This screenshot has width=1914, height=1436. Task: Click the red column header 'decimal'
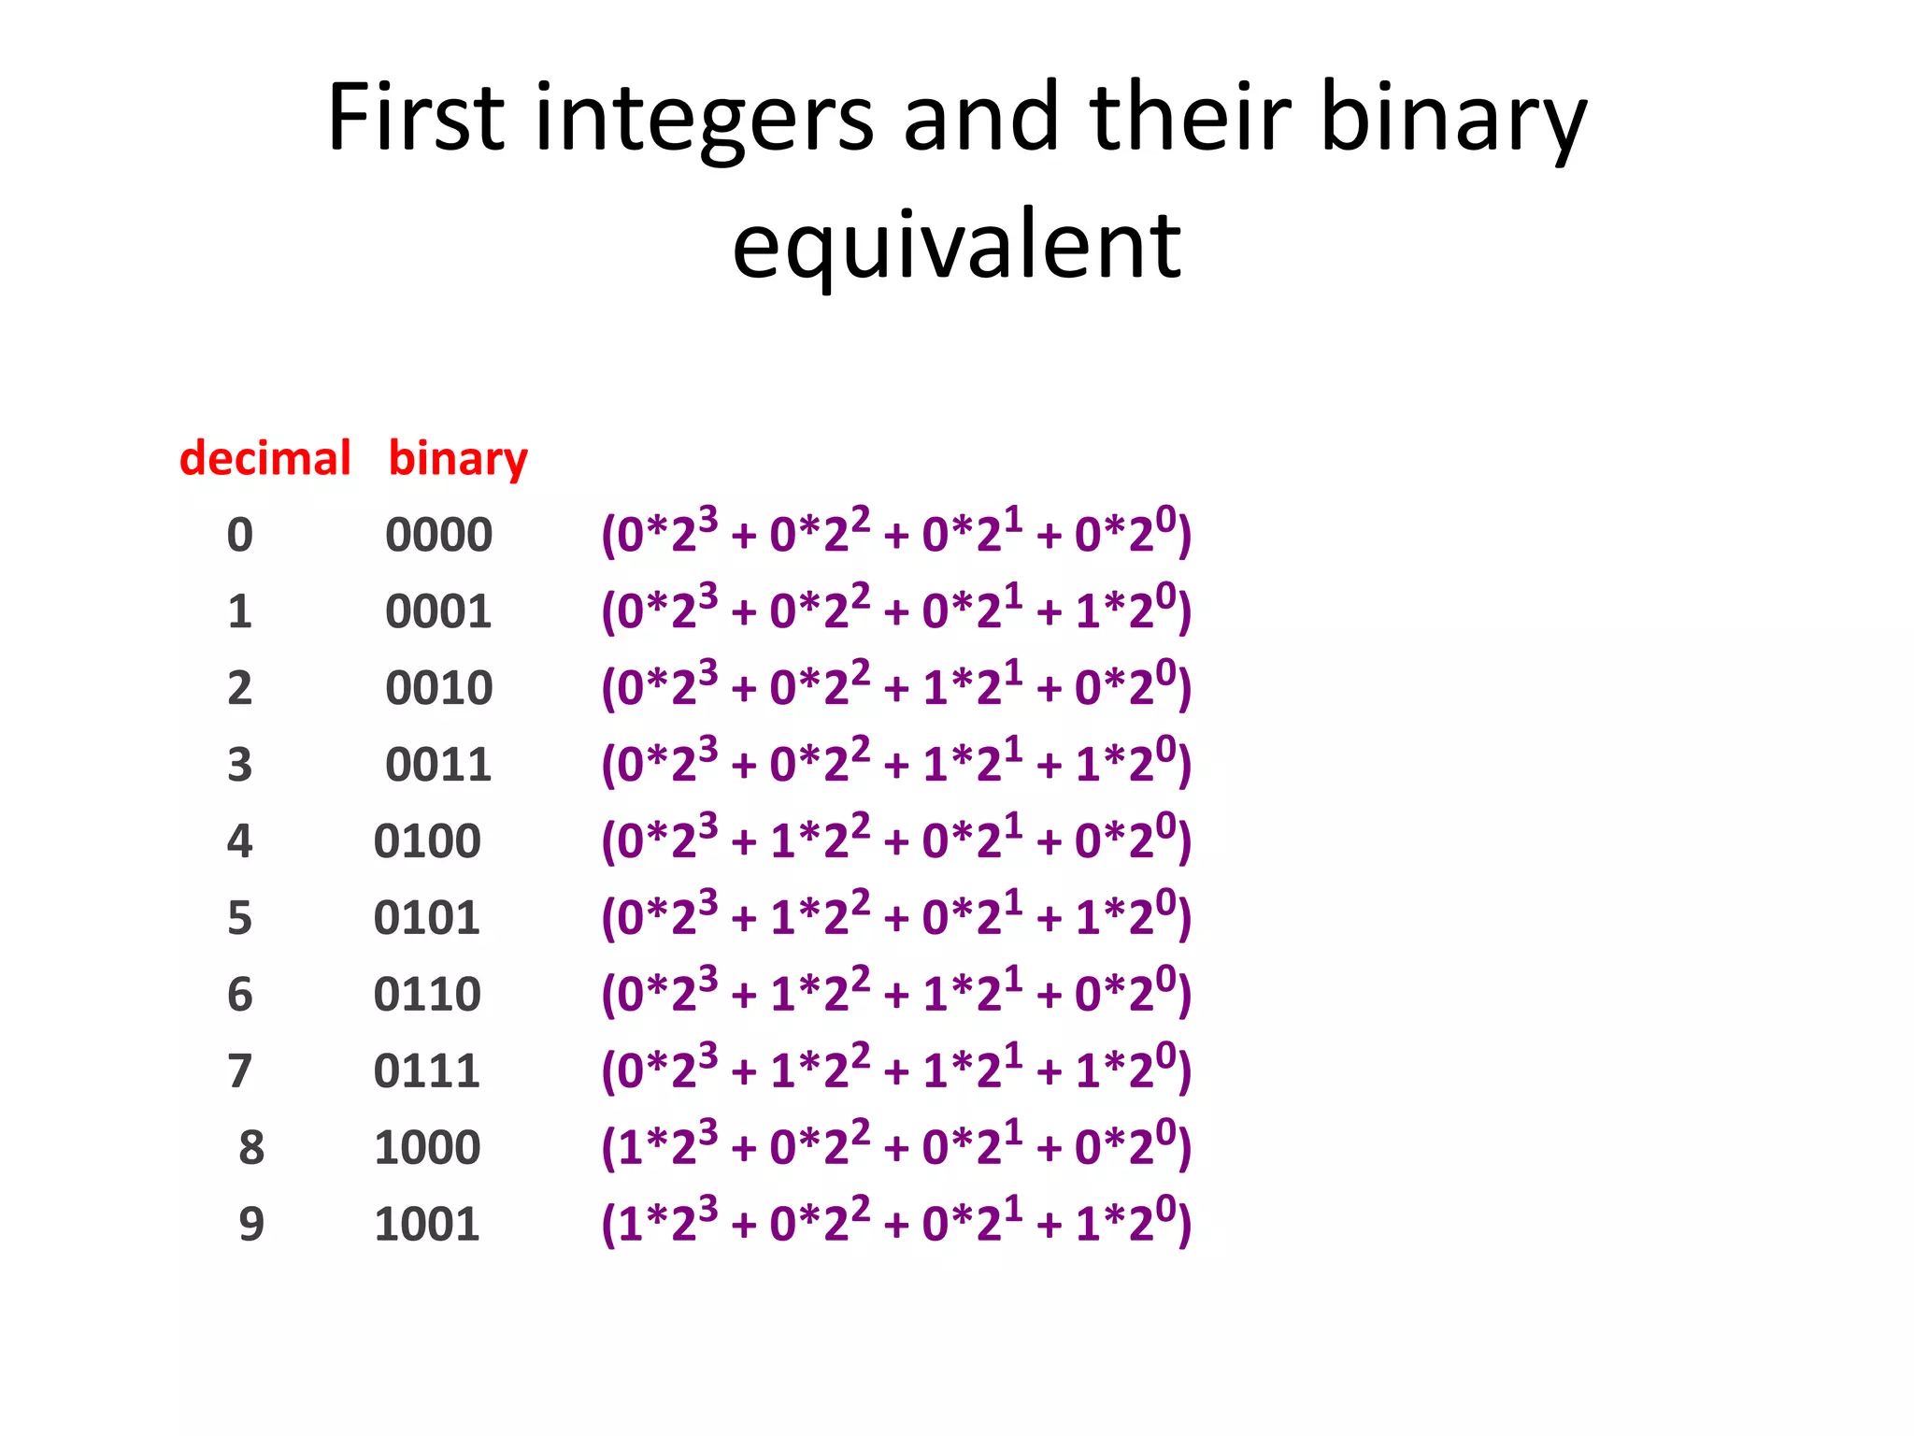264,458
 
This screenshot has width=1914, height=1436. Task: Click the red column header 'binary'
458,460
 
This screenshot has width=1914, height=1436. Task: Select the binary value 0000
438,536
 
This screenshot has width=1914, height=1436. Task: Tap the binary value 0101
427,918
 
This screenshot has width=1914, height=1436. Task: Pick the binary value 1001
427,1225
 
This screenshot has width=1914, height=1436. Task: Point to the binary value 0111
427,1071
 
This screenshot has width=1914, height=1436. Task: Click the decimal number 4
240,841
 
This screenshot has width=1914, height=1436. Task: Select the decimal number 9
251,1225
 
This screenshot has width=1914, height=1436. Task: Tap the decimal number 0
240,536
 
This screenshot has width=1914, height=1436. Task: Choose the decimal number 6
240,995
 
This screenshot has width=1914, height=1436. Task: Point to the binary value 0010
438,689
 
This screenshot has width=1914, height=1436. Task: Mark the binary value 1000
427,1148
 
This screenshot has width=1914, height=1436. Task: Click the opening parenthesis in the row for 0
608,536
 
